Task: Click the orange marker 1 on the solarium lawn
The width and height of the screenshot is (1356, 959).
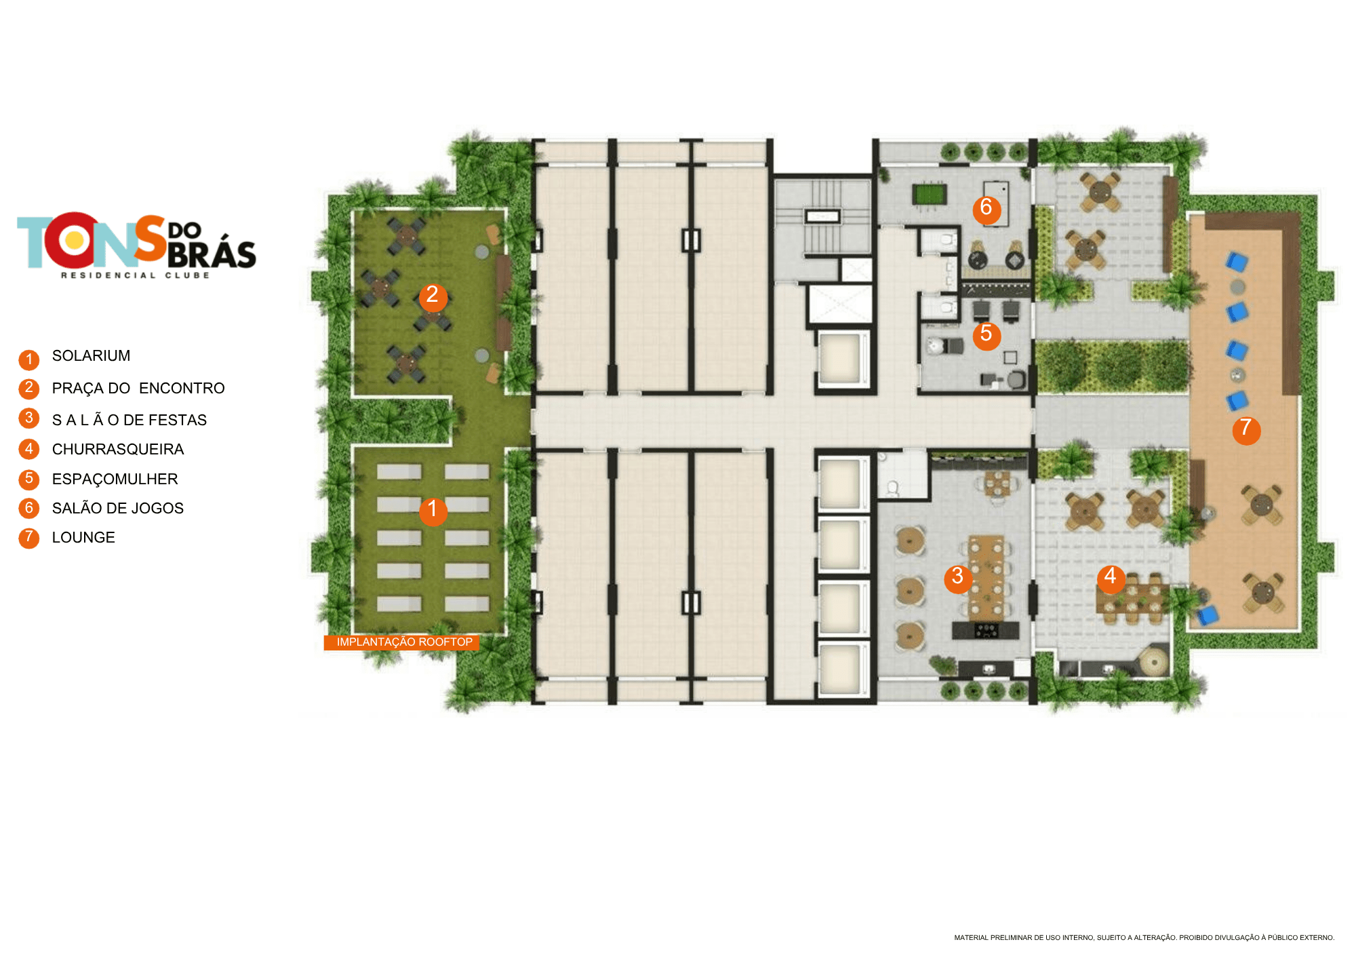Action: [x=433, y=511]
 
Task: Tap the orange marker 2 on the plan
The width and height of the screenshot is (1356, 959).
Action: [x=433, y=296]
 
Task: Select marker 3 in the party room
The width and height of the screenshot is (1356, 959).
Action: [x=958, y=579]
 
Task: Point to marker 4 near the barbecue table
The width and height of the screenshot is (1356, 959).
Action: [x=1111, y=579]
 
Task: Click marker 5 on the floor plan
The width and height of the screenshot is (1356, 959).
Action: [x=986, y=335]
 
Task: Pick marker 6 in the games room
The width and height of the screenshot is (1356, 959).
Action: [x=986, y=209]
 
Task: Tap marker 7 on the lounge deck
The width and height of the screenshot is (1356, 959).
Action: [x=1246, y=430]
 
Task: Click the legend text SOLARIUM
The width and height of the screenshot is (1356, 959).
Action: [x=91, y=356]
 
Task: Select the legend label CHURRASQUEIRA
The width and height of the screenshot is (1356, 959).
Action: [x=118, y=450]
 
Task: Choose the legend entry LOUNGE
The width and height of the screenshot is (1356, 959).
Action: [x=83, y=538]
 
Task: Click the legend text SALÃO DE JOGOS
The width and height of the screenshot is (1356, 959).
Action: [x=118, y=509]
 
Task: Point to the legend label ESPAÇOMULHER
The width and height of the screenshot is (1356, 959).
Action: [x=115, y=480]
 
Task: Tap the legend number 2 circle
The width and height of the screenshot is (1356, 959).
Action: [x=28, y=389]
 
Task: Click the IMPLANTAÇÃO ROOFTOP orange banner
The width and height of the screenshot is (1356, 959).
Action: [x=402, y=642]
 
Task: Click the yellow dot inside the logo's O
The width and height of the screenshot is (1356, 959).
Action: [x=75, y=240]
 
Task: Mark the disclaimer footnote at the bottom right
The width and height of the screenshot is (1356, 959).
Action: [x=1144, y=938]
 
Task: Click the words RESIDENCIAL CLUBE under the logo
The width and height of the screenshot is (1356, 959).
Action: [x=136, y=275]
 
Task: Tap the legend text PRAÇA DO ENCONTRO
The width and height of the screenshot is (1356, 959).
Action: [x=138, y=389]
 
